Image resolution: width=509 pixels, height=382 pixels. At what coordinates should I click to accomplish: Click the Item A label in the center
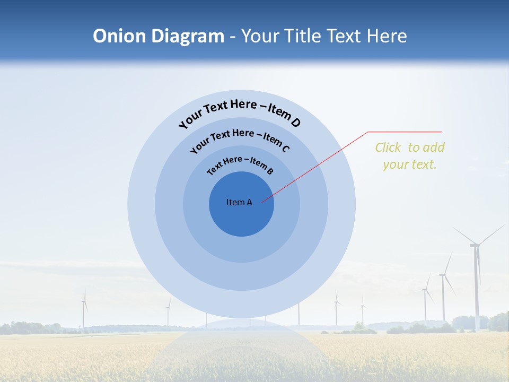[239, 202]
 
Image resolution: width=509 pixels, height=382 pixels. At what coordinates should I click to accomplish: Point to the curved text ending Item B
[240, 165]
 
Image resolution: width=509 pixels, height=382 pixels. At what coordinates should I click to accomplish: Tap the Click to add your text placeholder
[409, 155]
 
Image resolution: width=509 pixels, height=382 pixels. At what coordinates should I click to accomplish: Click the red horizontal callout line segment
[405, 132]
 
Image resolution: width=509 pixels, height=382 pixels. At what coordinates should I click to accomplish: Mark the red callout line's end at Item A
[262, 201]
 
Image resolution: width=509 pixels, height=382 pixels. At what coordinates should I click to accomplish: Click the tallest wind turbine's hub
[475, 245]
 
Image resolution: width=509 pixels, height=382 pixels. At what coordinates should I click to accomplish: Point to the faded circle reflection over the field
[241, 350]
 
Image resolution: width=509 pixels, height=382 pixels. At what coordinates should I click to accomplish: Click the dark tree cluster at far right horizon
[498, 322]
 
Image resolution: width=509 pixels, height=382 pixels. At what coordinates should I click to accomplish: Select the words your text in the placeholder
[409, 164]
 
